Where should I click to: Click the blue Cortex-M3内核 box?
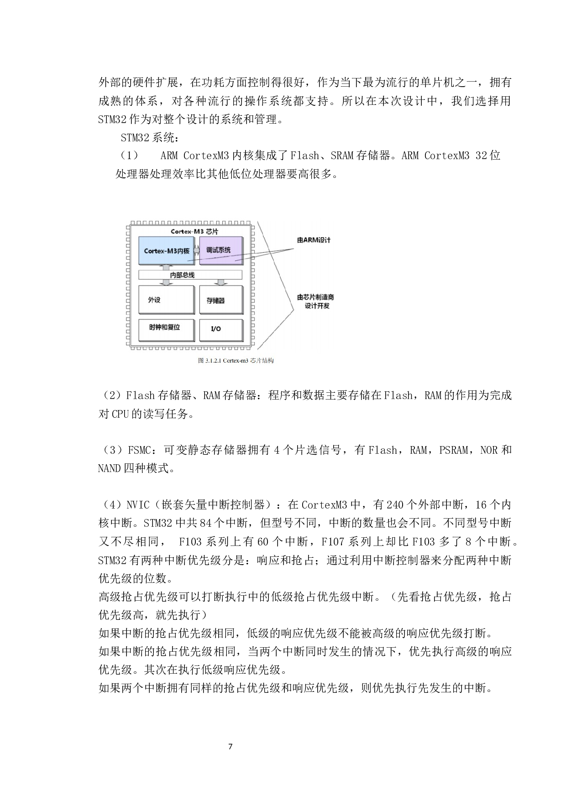[166, 250]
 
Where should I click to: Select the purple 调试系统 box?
[220, 250]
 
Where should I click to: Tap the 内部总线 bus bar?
[190, 275]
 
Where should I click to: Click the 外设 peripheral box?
[166, 300]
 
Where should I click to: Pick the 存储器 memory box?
[220, 300]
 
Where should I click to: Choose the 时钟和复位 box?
[166, 329]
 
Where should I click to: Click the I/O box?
[220, 330]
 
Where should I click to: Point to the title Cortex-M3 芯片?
[194, 231]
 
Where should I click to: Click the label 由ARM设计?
[314, 240]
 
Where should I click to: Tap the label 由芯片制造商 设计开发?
[315, 301]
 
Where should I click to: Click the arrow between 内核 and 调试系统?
[197, 250]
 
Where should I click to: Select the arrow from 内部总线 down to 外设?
[166, 282]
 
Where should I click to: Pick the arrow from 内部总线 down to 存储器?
[221, 282]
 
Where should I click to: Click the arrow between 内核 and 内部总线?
[166, 267]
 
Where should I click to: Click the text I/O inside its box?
[216, 329]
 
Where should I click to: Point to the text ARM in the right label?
[311, 240]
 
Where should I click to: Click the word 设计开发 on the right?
[317, 306]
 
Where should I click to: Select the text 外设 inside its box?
[154, 300]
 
